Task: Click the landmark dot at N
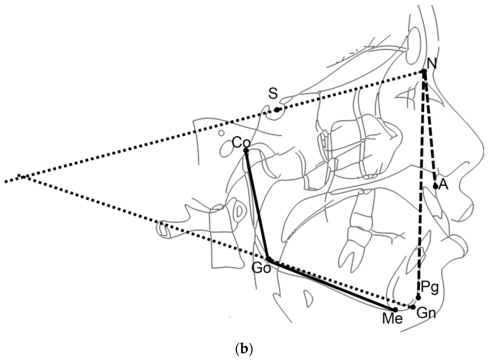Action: click(x=424, y=72)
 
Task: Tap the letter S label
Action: click(x=273, y=94)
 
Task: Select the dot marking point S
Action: click(x=277, y=110)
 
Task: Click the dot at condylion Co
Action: click(x=246, y=151)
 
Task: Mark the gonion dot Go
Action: click(x=268, y=260)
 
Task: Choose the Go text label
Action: click(x=262, y=268)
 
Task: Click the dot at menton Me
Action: click(x=396, y=310)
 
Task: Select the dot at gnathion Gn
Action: click(x=413, y=307)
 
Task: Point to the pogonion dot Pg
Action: click(x=418, y=297)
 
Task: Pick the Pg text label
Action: click(x=429, y=288)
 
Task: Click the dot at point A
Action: click(x=436, y=186)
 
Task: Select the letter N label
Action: click(x=432, y=63)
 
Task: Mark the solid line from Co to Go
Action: click(x=257, y=205)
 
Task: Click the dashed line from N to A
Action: click(x=430, y=129)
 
